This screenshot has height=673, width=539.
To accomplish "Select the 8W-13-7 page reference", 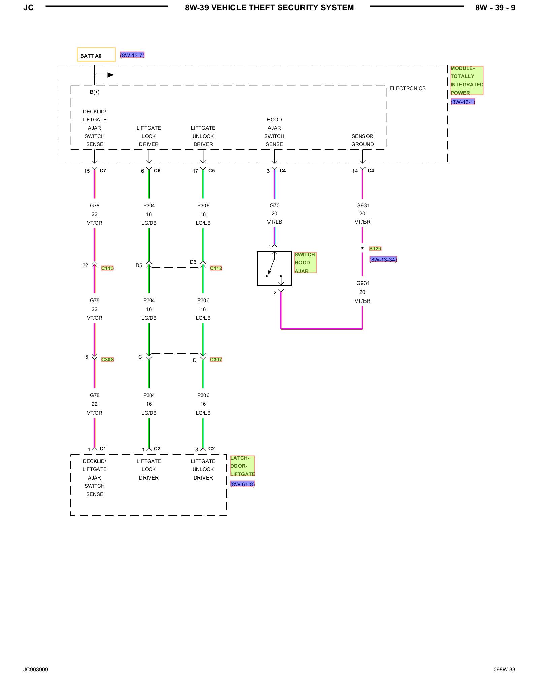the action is [x=132, y=55].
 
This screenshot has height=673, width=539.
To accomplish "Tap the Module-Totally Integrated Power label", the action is [x=467, y=80].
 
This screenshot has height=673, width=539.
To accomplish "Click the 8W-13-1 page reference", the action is [x=463, y=102].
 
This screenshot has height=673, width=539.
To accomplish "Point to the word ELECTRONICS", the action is [x=408, y=88].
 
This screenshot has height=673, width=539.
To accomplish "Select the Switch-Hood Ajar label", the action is [x=306, y=263].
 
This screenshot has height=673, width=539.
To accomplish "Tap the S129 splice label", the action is [x=375, y=249].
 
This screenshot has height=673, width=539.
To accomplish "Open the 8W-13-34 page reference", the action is [x=383, y=260].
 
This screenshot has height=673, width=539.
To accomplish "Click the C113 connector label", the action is [x=107, y=268].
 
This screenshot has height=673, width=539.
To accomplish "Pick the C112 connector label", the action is [x=216, y=268].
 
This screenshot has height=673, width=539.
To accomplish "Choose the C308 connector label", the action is [x=107, y=360].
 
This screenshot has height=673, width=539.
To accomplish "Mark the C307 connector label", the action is [x=216, y=360].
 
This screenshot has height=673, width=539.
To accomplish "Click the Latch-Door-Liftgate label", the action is [x=243, y=466].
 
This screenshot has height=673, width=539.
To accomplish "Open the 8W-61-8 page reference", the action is [x=243, y=484].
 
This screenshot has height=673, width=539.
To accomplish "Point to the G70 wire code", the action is [x=275, y=206].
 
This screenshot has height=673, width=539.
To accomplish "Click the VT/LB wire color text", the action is [x=275, y=222].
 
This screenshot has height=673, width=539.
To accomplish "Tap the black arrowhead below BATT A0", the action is [x=110, y=75].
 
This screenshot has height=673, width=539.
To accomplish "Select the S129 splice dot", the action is [x=362, y=248].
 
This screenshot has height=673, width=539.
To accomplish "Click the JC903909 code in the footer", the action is [x=36, y=670].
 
